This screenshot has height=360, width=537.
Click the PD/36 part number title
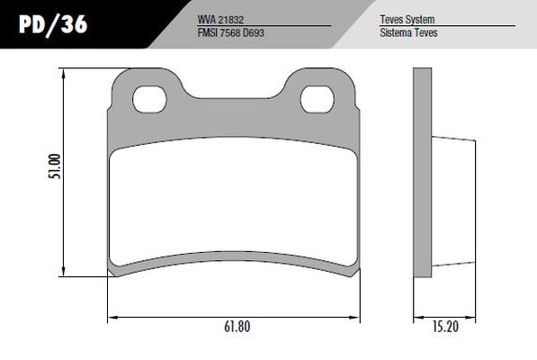pyautogui.click(x=53, y=24)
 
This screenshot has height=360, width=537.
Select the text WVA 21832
pyautogui.click(x=220, y=20)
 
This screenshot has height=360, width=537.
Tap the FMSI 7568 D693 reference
pyautogui.click(x=231, y=33)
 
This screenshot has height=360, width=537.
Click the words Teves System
pyautogui.click(x=407, y=20)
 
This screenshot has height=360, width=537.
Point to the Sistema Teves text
pyautogui.click(x=408, y=33)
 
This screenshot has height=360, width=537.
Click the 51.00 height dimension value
pyautogui.click(x=55, y=166)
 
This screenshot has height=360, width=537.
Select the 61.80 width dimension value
pyautogui.click(x=237, y=327)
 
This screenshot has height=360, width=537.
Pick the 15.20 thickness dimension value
pyautogui.click(x=445, y=327)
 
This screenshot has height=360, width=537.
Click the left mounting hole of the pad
pyautogui.click(x=149, y=99)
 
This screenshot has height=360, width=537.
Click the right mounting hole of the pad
pyautogui.click(x=318, y=99)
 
